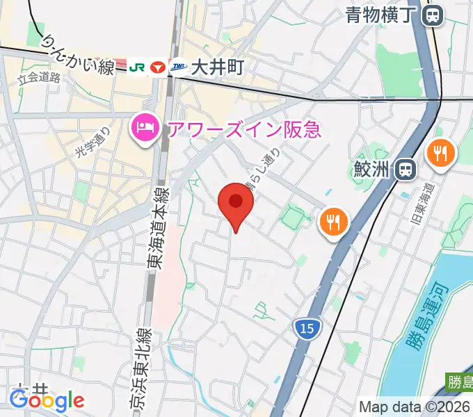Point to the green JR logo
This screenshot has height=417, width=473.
136,67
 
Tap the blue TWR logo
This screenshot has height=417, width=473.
179,67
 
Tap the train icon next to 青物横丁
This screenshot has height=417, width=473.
434,15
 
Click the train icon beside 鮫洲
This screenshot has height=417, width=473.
404,169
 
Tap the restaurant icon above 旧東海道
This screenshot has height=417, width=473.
440,153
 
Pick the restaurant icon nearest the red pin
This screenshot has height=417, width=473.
332,222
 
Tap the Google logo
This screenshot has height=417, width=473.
47,400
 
